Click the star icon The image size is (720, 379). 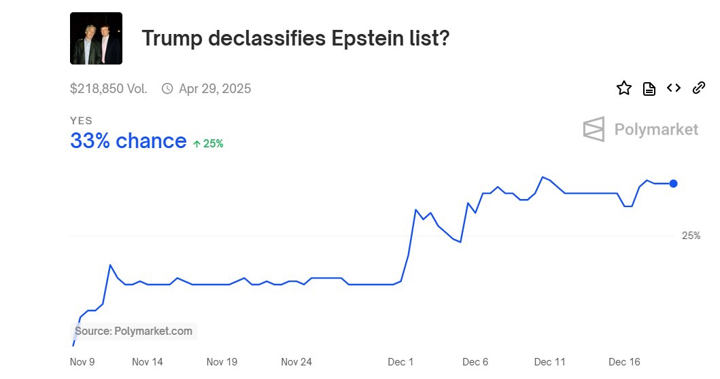point(624,88)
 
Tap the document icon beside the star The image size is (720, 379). point(649,89)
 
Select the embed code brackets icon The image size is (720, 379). point(674,88)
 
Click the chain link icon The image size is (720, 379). point(698,88)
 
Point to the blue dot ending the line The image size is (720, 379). point(673,183)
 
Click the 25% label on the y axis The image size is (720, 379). point(691,236)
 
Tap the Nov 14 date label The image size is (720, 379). point(148,362)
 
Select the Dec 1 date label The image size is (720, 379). point(401,362)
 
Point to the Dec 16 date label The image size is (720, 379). point(624,362)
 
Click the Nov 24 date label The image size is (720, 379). point(296,362)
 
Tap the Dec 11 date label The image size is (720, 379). point(550,362)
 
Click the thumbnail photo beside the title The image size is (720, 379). point(96,38)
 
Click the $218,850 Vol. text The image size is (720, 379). point(109,89)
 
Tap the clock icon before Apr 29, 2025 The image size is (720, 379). point(167,89)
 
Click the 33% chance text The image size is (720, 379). point(128,141)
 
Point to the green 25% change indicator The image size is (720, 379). point(208,143)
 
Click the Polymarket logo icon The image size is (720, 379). point(594,129)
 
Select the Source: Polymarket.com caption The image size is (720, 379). point(134,331)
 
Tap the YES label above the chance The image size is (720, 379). point(81,121)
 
